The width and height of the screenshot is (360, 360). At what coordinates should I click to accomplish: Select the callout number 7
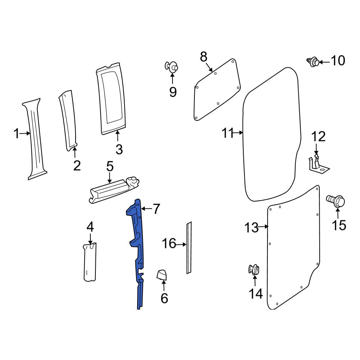[156, 209]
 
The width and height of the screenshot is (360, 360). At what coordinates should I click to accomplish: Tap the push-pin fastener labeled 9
[171, 67]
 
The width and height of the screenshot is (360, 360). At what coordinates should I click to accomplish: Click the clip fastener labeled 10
[313, 62]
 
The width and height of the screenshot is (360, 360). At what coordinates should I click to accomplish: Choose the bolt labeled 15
[336, 201]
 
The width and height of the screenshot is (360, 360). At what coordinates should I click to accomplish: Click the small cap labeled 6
[162, 275]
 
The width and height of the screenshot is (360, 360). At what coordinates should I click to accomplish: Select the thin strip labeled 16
[189, 248]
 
